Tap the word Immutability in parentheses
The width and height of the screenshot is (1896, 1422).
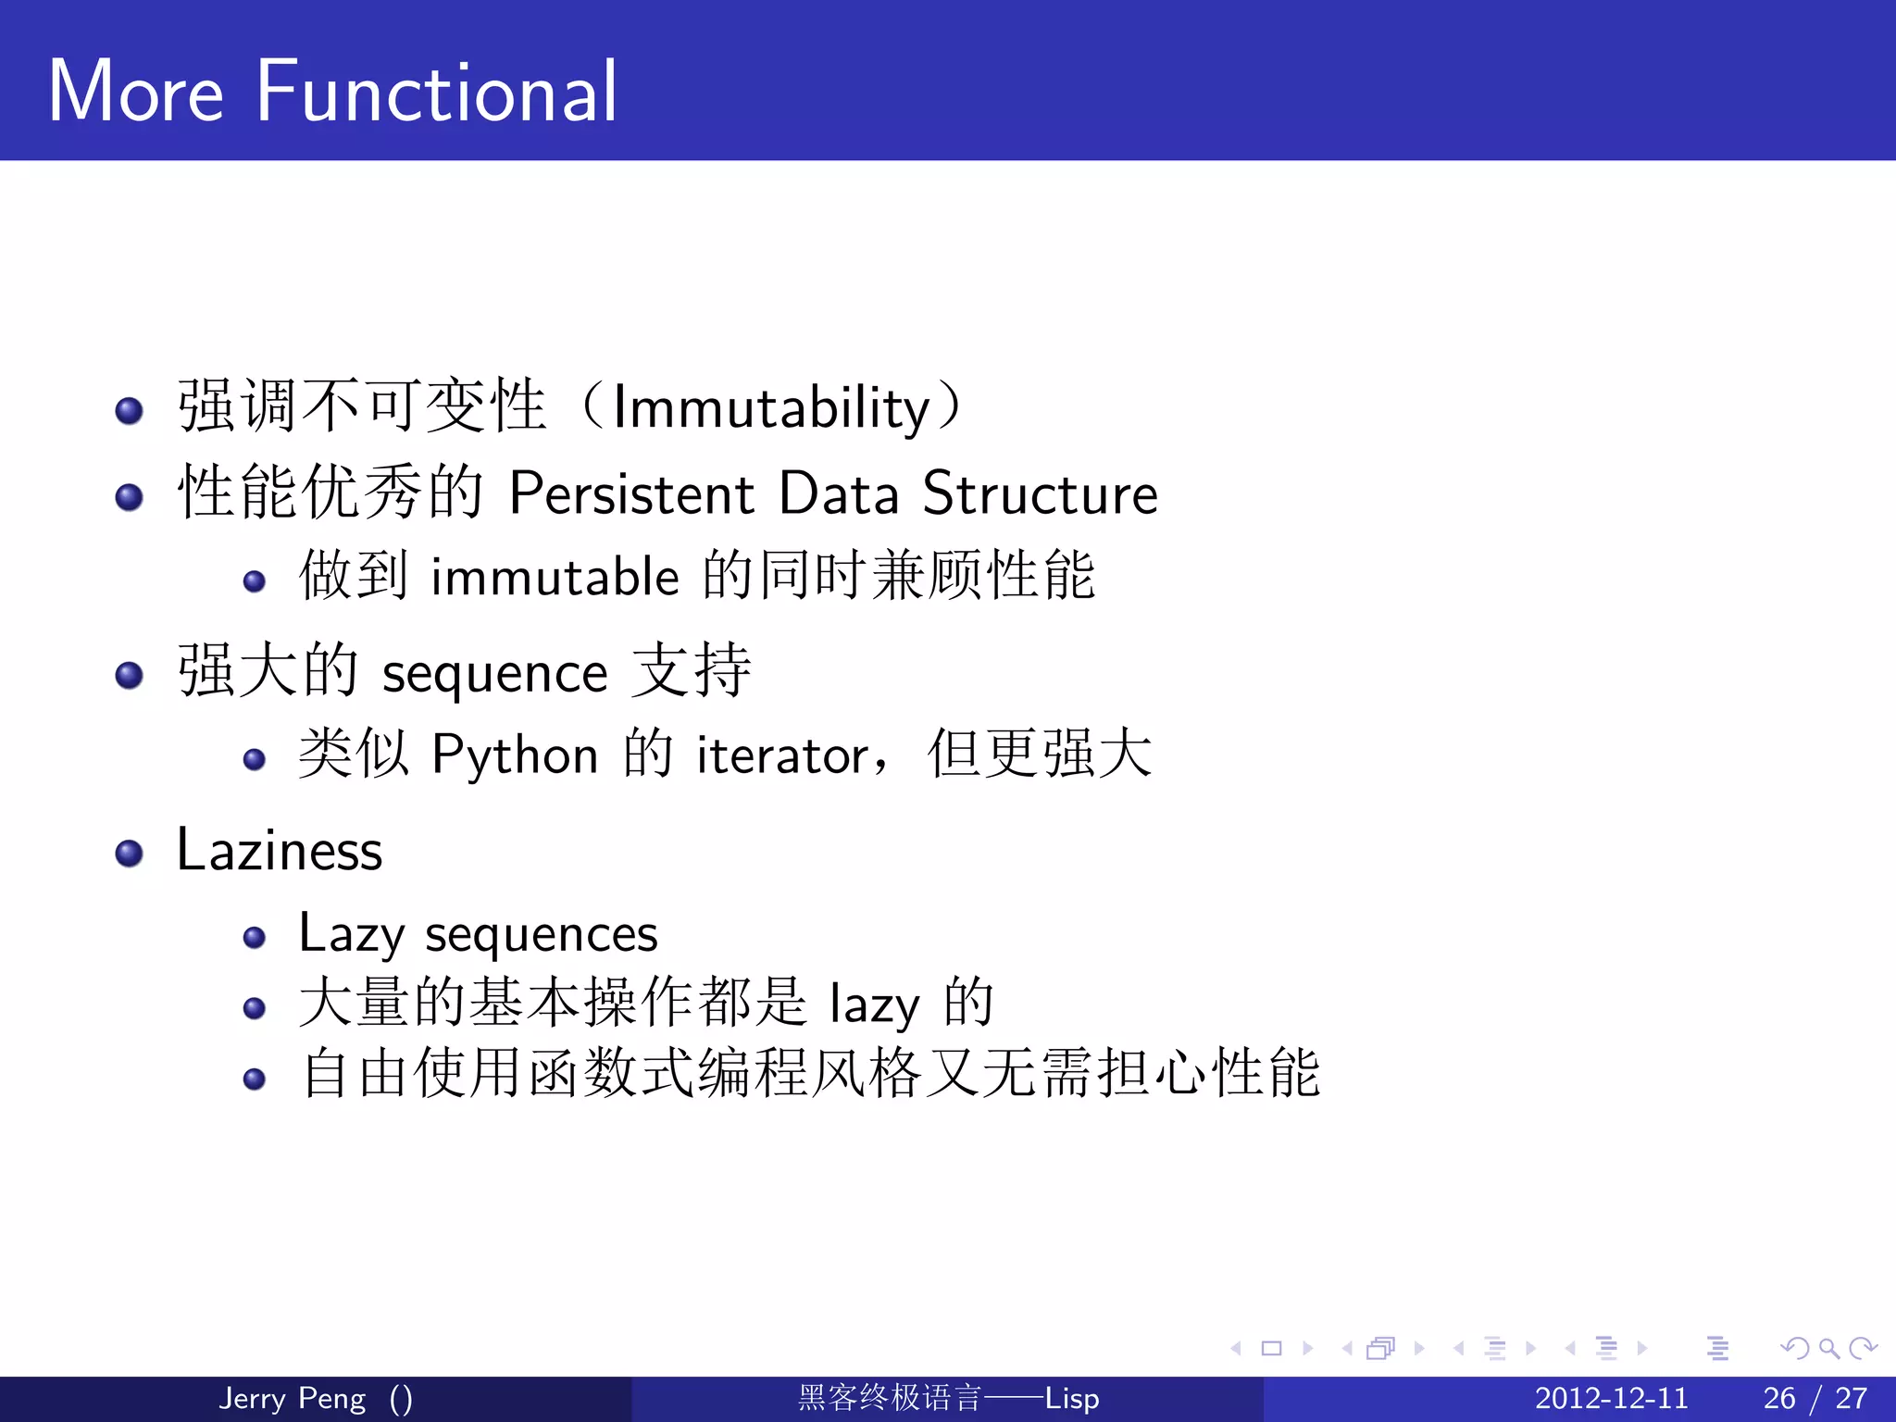[x=770, y=408]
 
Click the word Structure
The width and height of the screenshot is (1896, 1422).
[x=1040, y=493]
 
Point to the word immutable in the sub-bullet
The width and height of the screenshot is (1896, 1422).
[x=555, y=577]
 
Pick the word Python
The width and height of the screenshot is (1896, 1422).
[x=515, y=755]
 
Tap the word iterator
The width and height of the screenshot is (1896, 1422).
[x=783, y=755]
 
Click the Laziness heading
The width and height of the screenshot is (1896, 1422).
[x=279, y=850]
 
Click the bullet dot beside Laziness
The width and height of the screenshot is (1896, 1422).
[x=129, y=854]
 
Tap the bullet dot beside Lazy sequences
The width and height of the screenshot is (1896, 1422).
[x=254, y=938]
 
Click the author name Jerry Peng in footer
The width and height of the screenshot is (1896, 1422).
[x=292, y=1398]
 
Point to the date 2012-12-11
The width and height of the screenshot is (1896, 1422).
[x=1611, y=1398]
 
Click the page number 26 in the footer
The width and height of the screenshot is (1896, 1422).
[x=1778, y=1398]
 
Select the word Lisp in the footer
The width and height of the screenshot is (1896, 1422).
[x=1072, y=1398]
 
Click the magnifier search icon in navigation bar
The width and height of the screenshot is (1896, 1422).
[x=1829, y=1348]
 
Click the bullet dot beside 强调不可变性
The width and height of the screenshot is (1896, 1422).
[x=129, y=410]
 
